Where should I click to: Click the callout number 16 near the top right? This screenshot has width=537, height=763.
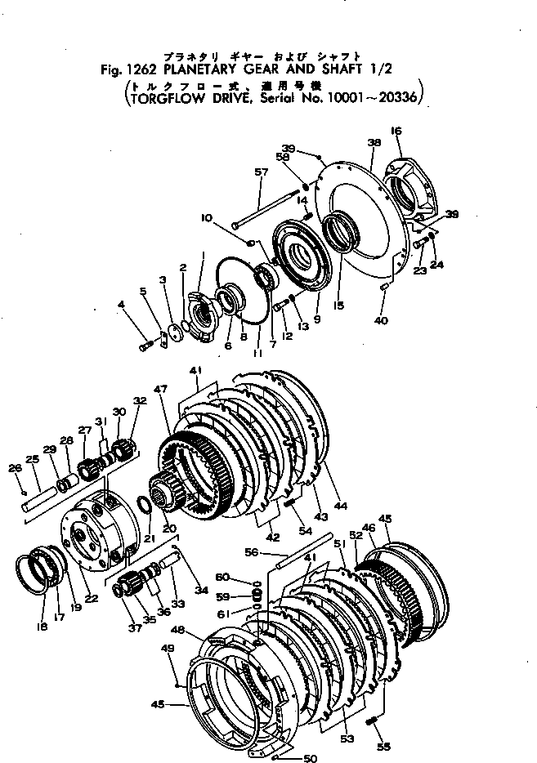(x=396, y=131)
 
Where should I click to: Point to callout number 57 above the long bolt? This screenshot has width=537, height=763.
(x=261, y=172)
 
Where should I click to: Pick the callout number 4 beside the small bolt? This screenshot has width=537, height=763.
(x=122, y=306)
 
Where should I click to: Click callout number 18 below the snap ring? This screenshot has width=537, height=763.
(x=42, y=627)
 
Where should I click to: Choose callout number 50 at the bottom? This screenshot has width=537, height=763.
(x=310, y=757)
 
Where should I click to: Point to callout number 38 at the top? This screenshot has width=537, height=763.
(x=374, y=143)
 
